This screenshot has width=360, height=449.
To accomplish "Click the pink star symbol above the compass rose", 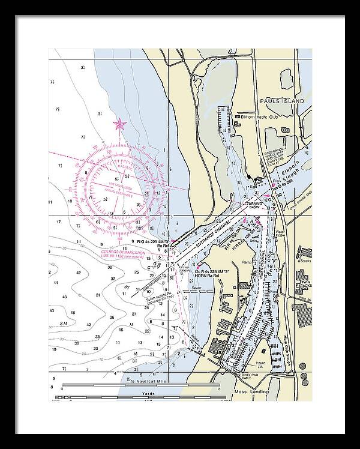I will coord(119,124).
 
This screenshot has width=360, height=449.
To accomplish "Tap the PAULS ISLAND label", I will coord(282,101).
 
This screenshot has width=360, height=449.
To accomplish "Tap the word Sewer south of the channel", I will coord(197,288).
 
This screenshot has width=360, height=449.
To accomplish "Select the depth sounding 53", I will coord(53,310).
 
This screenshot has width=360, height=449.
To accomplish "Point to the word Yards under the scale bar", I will coord(149,393).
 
